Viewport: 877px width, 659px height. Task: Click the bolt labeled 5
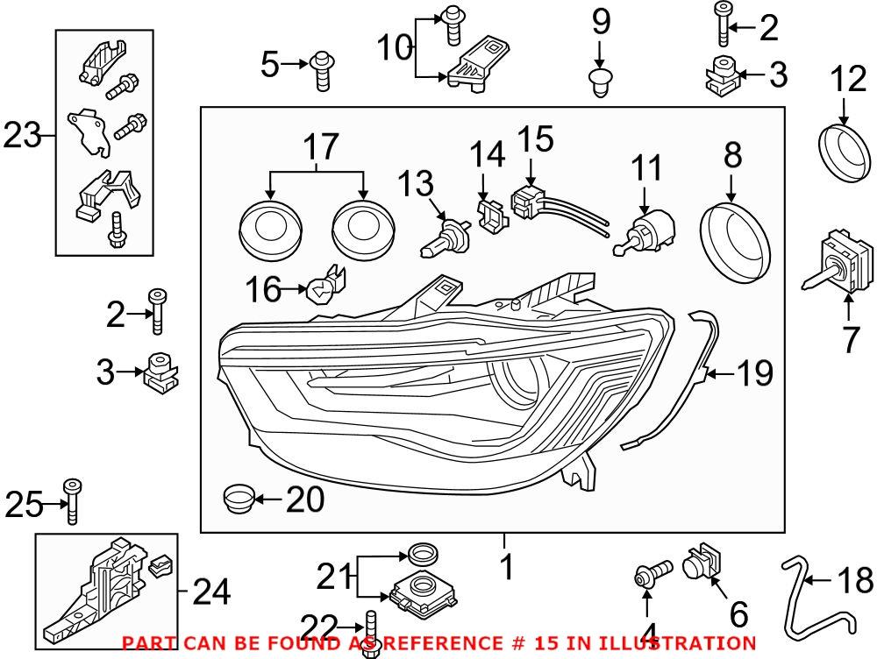point(321,70)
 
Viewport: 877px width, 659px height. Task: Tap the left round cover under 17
point(271,230)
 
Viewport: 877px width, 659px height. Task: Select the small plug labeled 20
point(237,500)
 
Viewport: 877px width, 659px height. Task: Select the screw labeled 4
point(650,576)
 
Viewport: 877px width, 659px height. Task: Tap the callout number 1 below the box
point(506,567)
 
